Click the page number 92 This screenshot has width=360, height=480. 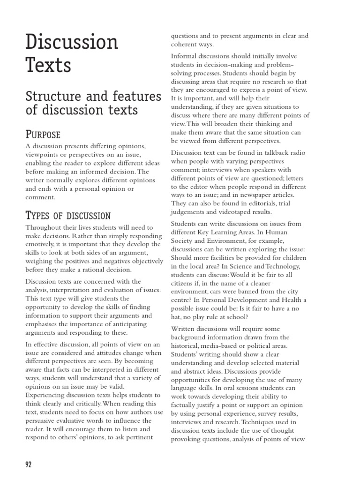[x=28, y=465]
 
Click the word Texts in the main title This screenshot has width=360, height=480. [x=48, y=66]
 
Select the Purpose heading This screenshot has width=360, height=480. [x=43, y=135]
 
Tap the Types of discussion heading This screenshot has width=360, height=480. [x=68, y=216]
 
